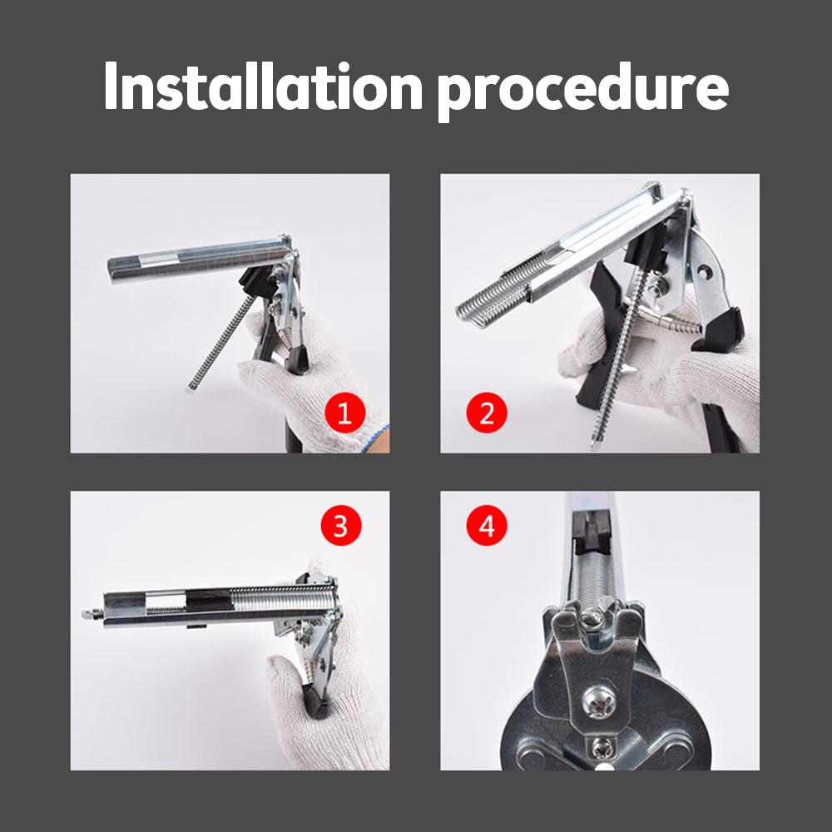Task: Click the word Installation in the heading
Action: (x=263, y=86)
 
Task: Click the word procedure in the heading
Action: (x=583, y=92)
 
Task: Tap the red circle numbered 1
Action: (x=345, y=413)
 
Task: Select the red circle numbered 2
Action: (x=487, y=413)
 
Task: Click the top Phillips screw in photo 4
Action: (x=592, y=622)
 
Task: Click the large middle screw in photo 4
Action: (x=600, y=702)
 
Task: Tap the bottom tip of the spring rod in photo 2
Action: (x=594, y=446)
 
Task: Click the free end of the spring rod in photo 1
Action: (x=190, y=388)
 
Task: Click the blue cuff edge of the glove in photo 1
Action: (x=376, y=438)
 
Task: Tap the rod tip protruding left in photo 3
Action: (x=88, y=614)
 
